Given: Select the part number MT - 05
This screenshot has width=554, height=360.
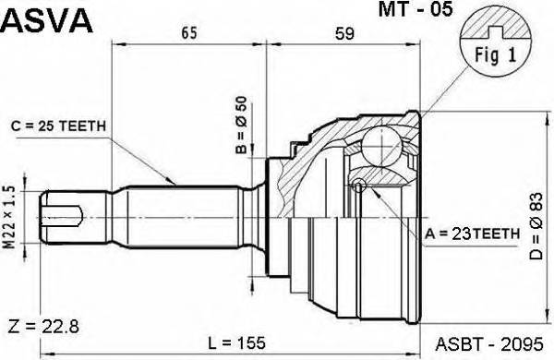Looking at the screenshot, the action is tap(415, 9).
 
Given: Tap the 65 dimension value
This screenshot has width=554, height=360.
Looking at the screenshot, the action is tap(189, 33).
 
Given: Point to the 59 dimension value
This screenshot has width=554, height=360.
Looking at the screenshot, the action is tap(344, 33).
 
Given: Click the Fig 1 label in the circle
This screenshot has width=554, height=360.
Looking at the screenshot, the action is tap(495, 55).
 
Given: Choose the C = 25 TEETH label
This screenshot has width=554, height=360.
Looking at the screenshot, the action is tap(58, 126).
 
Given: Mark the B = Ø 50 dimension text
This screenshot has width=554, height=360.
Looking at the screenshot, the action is tap(242, 125).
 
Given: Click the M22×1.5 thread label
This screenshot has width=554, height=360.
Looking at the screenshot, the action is tap(10, 217).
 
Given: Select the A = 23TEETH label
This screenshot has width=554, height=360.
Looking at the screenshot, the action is tap(473, 234).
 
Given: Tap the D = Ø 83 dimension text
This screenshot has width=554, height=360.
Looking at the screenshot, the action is tap(536, 226).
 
